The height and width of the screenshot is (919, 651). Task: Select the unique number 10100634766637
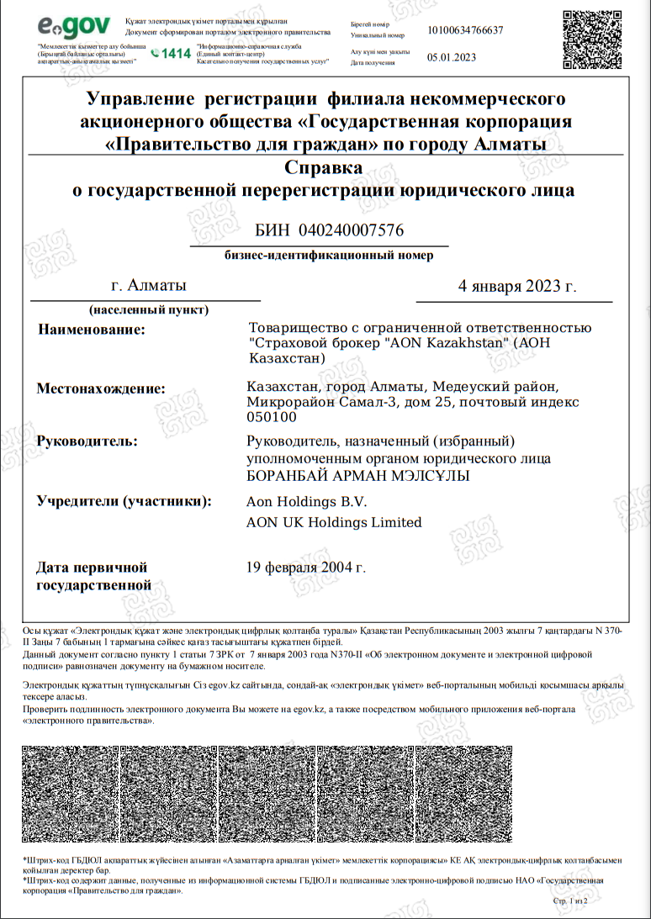point(465,30)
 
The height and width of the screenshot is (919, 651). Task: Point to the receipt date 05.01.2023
point(452,57)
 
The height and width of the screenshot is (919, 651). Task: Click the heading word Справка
point(324,167)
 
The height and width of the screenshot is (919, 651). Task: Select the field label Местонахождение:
point(101,388)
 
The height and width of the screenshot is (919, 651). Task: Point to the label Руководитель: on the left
point(87,441)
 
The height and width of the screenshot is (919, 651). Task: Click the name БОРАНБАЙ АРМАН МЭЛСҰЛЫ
point(357,477)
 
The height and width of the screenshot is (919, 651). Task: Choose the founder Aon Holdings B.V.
point(307,502)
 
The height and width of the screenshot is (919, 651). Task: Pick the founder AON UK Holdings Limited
point(334,522)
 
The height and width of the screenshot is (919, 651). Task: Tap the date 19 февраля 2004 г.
point(306,568)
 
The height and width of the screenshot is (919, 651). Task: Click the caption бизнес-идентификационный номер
point(330,256)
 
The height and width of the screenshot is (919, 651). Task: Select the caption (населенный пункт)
point(149,309)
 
